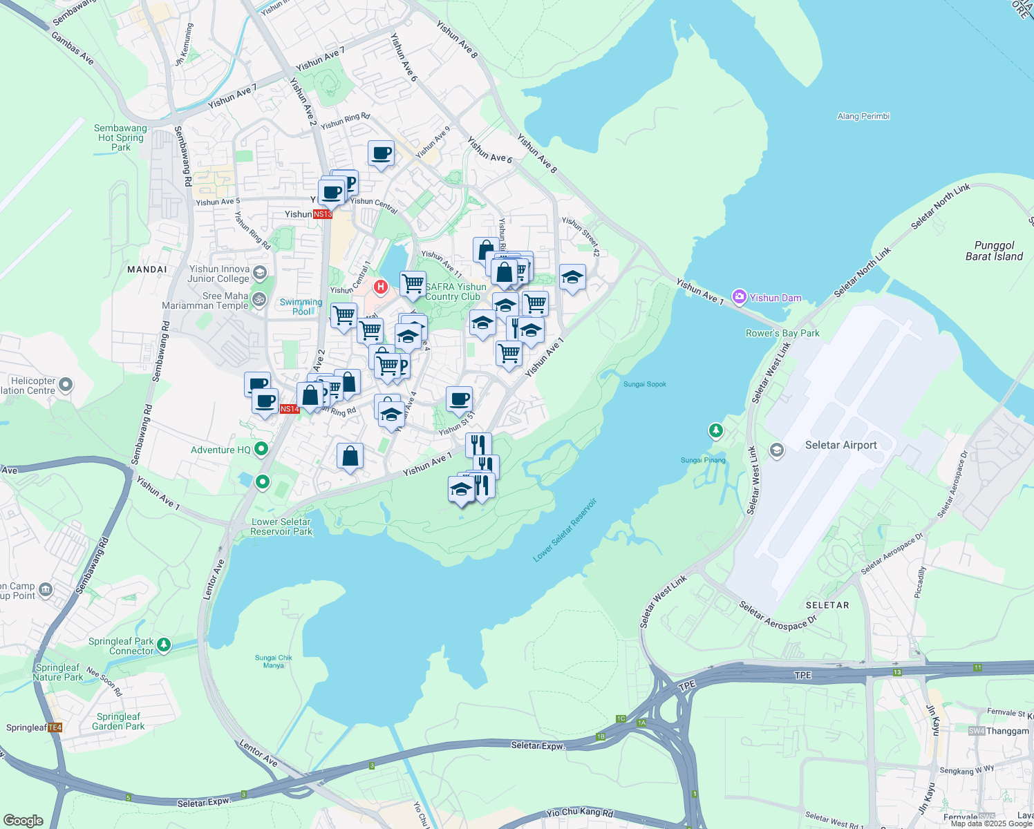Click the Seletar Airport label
click(840, 446)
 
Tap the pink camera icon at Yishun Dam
click(740, 297)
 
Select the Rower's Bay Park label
click(782, 333)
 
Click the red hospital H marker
click(380, 286)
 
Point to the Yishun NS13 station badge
click(323, 214)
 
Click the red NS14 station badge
click(290, 409)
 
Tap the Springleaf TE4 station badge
click(55, 727)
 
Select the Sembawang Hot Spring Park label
click(121, 137)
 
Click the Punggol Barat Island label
click(994, 251)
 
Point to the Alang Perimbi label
click(863, 116)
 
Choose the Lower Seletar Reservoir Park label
click(281, 526)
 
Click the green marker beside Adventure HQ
click(261, 450)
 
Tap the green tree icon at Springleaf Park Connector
click(164, 645)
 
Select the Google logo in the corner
click(23, 821)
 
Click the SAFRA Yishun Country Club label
click(455, 292)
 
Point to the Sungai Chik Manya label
click(274, 662)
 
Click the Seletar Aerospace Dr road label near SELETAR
click(778, 616)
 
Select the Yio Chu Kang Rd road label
click(579, 813)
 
